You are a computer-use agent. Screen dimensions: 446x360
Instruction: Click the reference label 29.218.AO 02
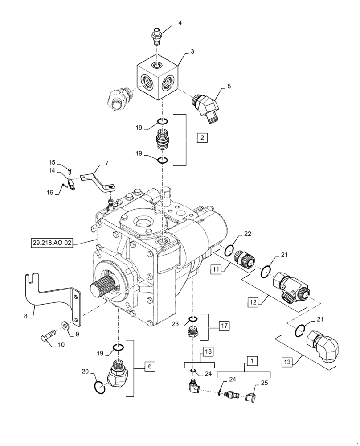click(51, 243)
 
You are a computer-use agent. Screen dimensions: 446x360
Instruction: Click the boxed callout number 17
click(223, 326)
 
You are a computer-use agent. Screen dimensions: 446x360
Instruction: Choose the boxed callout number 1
click(252, 360)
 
